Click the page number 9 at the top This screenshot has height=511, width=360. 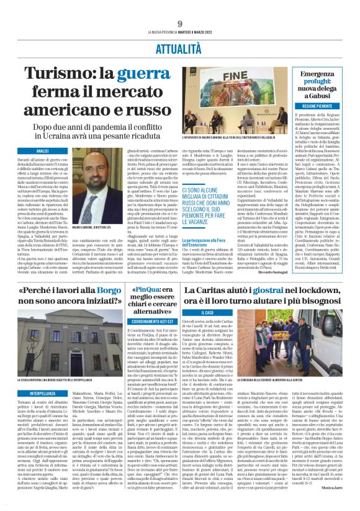tap(179, 24)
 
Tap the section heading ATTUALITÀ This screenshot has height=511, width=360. tap(179, 47)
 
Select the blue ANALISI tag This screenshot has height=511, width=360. tap(43, 151)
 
